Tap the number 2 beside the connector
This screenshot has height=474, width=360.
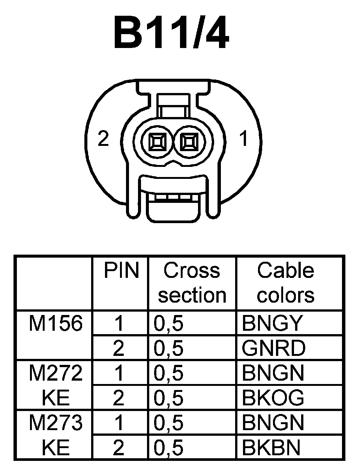tap(103, 139)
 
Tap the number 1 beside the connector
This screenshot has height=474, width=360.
tap(244, 139)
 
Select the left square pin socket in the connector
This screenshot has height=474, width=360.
tap(156, 143)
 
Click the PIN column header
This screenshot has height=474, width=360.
tap(121, 271)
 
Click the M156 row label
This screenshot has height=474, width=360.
tap(55, 323)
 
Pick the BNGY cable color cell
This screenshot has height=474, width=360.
tap(272, 323)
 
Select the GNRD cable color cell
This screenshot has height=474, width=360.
tap(274, 348)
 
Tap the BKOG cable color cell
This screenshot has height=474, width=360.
tap(273, 397)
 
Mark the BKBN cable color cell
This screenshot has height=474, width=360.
tap(271, 447)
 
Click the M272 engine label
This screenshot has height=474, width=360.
tap(55, 373)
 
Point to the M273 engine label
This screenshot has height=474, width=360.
tap(55, 423)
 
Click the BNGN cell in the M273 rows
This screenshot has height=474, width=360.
tap(273, 423)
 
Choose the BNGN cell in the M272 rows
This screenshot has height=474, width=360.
tap(273, 373)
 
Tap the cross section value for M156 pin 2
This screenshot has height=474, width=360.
tap(168, 348)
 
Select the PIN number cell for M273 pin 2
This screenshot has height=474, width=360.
tap(118, 447)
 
